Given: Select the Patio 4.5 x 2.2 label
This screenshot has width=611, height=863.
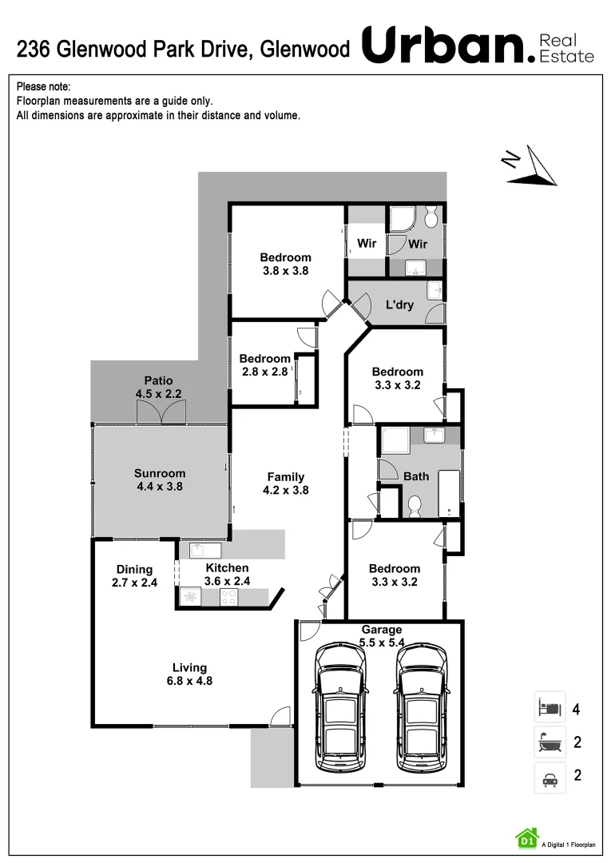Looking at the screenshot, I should coord(158,388).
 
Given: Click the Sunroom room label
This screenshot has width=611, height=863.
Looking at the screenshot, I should coord(160,479).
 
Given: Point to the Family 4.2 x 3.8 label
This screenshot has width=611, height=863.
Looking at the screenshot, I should coord(286,483).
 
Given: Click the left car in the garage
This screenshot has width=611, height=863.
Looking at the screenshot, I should coord(341,707).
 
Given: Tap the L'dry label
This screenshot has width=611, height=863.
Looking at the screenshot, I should coord(399,304).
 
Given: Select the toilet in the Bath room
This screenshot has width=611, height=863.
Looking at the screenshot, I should coord(415,504).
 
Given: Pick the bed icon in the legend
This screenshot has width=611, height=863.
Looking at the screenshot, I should coord(550,707).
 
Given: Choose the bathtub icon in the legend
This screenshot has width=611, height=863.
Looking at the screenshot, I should coord(550,742).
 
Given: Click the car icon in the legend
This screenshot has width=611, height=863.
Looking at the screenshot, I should coord(550,777).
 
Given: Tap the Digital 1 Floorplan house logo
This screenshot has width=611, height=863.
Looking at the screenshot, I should coord(526,837).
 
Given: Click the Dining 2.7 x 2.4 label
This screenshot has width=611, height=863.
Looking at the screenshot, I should coord(134,575).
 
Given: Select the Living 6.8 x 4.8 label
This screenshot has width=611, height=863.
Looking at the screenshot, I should coord(190,674).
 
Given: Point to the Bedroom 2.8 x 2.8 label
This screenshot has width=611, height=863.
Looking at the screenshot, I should coord(265,365).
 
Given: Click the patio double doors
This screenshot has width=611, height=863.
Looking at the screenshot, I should coord(162,412).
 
